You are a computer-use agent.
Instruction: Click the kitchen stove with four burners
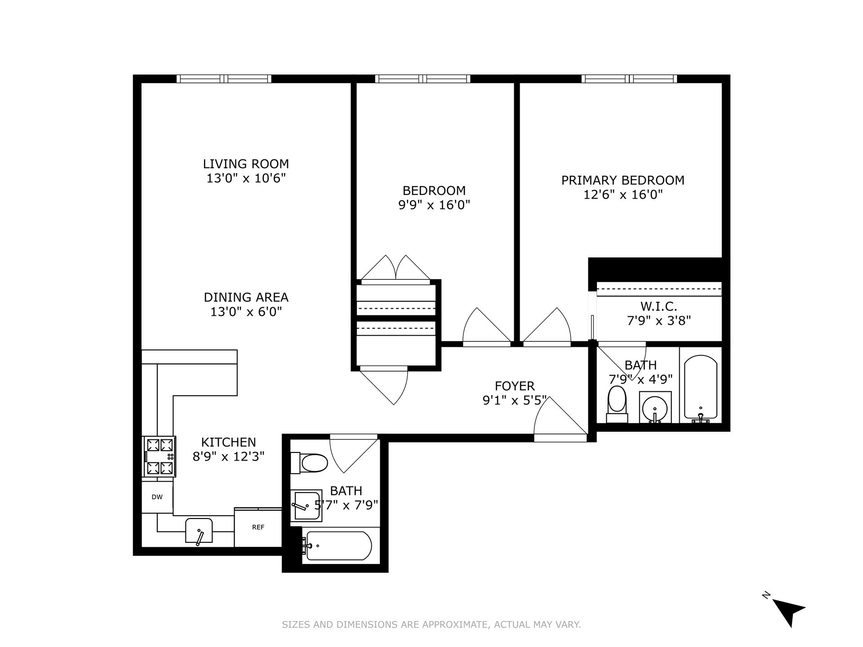tap(160, 456)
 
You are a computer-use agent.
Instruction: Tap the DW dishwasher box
tap(157, 497)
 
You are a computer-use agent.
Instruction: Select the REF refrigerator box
tap(258, 527)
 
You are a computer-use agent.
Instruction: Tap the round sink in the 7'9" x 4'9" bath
tap(655, 408)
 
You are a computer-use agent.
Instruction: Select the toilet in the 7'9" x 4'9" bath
tap(617, 403)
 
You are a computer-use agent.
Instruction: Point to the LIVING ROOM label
tap(246, 164)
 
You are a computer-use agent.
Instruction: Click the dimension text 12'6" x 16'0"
tap(623, 195)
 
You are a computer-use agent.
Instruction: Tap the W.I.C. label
tap(658, 306)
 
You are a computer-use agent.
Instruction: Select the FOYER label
tap(515, 386)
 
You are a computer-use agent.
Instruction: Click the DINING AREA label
tap(246, 297)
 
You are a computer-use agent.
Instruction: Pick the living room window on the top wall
tap(224, 79)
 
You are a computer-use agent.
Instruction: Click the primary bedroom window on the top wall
tap(629, 79)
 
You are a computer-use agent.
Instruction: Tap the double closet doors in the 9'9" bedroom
tap(396, 270)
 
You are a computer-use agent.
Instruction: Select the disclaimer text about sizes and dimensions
tap(431, 625)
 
